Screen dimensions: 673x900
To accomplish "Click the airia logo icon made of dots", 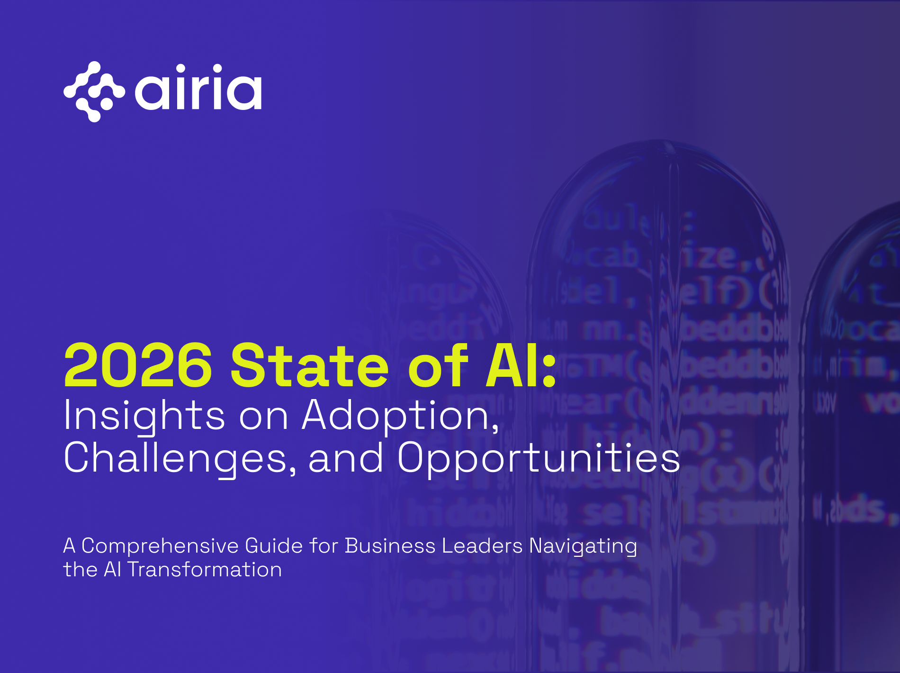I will (94, 91).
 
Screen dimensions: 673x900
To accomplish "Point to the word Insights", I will (144, 416).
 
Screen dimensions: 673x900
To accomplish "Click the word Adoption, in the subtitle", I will (401, 416).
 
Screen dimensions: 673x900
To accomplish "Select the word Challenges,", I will (180, 458).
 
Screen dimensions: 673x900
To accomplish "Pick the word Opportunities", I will (538, 458).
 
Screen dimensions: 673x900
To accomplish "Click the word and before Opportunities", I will (345, 458).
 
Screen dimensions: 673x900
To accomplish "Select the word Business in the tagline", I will (389, 546).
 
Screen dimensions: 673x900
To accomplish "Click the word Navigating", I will (583, 546).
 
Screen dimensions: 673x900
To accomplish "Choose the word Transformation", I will (204, 570).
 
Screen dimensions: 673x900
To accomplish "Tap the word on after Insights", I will (263, 416).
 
